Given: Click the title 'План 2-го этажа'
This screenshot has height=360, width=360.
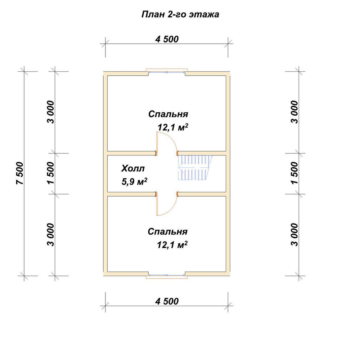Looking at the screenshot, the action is click(x=180, y=14).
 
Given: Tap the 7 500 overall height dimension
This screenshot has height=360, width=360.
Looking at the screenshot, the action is click(x=20, y=174).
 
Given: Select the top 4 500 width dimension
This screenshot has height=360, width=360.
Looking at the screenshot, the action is click(x=167, y=39).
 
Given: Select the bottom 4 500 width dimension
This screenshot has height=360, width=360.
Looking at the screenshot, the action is click(x=167, y=301).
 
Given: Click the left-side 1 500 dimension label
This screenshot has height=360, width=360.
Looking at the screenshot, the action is click(x=51, y=173).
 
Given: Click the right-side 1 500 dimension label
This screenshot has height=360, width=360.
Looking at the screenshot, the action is click(x=294, y=173).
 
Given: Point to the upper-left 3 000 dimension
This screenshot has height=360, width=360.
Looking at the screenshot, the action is click(x=51, y=112).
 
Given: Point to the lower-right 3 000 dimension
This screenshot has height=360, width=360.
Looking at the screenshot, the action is click(x=294, y=235).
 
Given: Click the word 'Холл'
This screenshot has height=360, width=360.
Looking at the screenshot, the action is click(x=133, y=168).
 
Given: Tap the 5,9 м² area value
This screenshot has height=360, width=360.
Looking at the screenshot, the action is click(x=134, y=181).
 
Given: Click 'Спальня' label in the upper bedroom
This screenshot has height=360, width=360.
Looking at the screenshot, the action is click(x=168, y=114).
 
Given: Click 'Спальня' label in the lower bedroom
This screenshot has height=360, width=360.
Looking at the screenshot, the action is click(x=168, y=231).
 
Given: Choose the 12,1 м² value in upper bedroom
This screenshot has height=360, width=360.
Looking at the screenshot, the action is click(x=173, y=127).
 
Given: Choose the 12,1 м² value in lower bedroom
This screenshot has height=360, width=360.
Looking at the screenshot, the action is click(x=172, y=245).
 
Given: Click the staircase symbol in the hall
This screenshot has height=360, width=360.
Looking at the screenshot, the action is click(x=195, y=167).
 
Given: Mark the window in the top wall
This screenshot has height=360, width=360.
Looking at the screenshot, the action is click(x=167, y=72).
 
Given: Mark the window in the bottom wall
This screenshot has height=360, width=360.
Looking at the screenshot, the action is click(x=167, y=276).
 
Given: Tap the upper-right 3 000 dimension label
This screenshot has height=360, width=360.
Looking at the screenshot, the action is click(x=294, y=112).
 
